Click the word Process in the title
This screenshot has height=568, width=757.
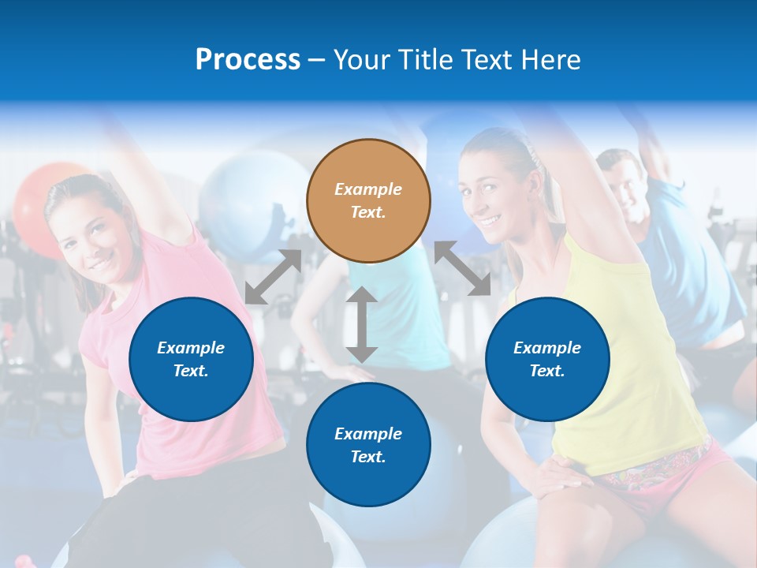pyautogui.click(x=248, y=60)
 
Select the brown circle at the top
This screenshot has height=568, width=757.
pyautogui.click(x=368, y=200)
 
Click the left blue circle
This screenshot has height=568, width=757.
pyautogui.click(x=191, y=359)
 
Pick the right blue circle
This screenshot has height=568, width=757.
pyautogui.click(x=547, y=359)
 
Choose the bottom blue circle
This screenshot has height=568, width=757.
pyautogui.click(x=368, y=444)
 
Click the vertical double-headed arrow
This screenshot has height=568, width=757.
pyautogui.click(x=361, y=324)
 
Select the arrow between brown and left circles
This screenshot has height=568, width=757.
pyautogui.click(x=273, y=277)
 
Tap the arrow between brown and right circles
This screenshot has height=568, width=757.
pyautogui.click(x=462, y=269)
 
